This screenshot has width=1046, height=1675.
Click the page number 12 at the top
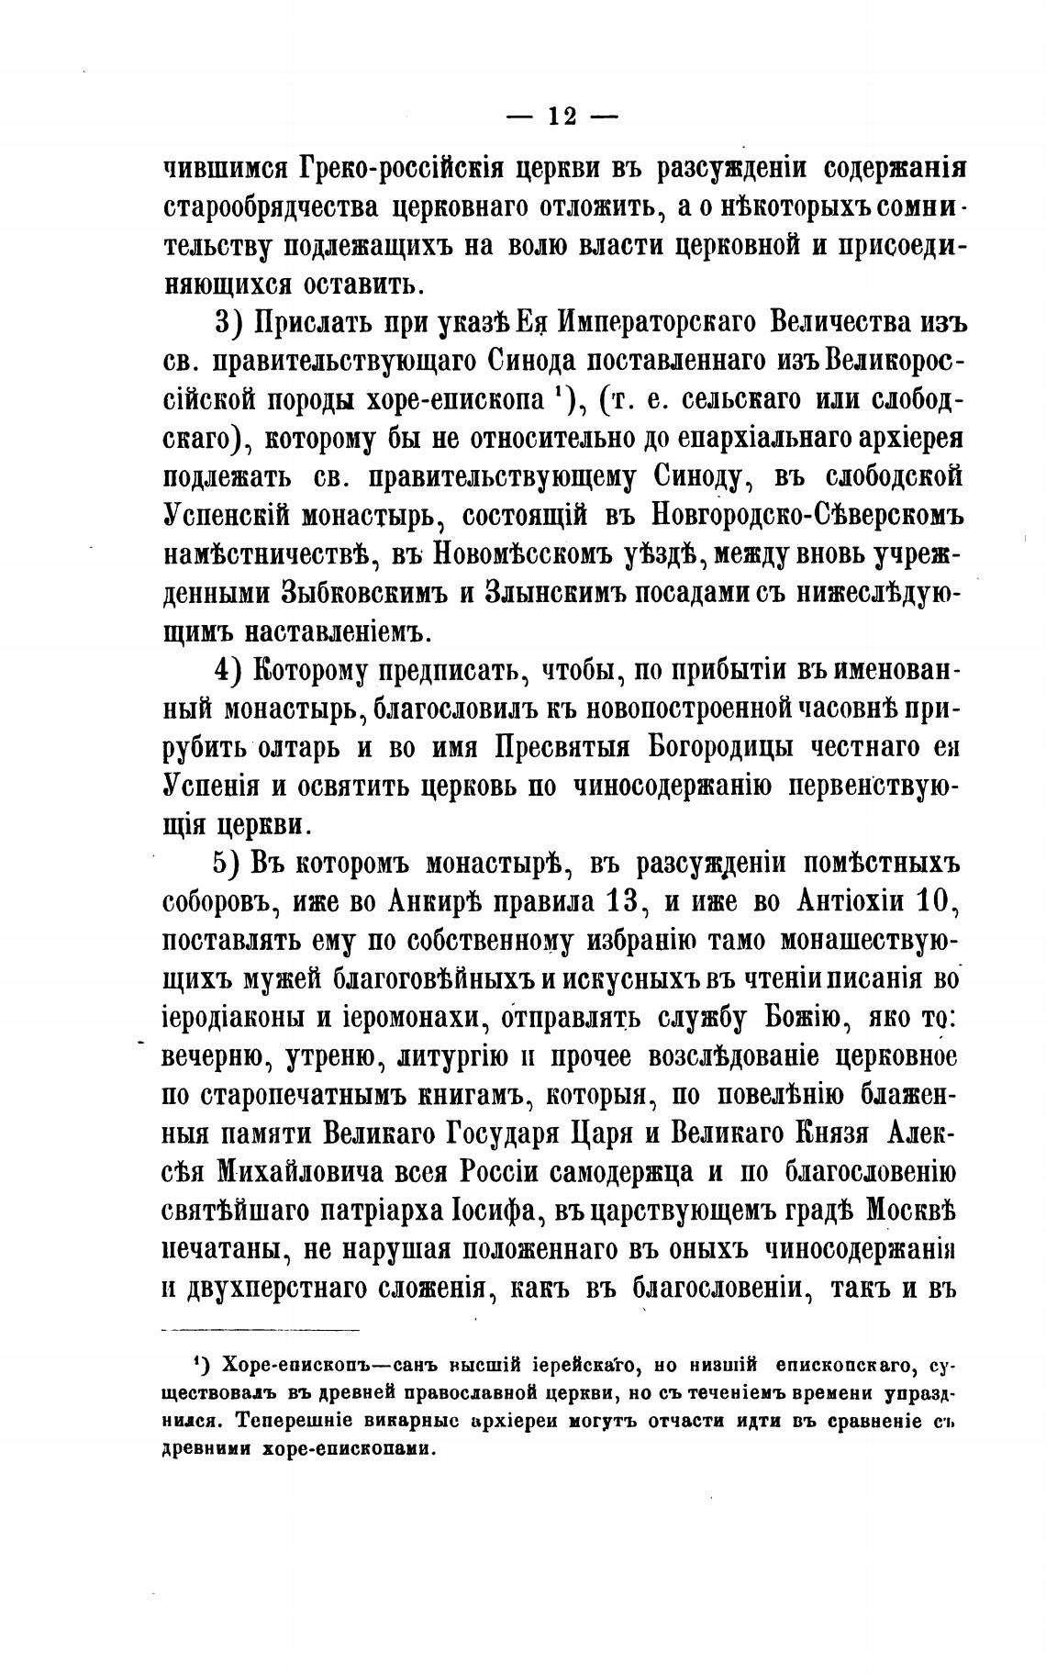[x=562, y=117]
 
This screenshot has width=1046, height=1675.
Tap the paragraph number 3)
[x=228, y=323]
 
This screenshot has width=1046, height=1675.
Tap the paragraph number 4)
[x=228, y=670]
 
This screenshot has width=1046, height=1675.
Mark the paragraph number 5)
[x=227, y=864]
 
